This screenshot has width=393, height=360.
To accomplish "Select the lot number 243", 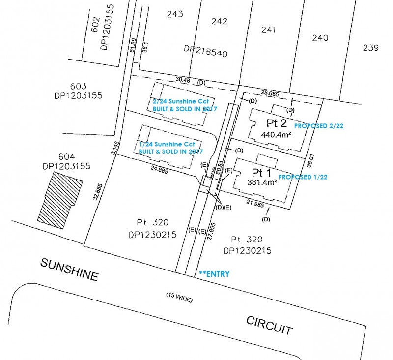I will tap(175, 14).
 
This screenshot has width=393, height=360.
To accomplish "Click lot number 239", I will tap(371, 48).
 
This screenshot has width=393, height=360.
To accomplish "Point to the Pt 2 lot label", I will tap(276, 123).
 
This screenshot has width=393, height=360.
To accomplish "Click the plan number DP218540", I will tap(205, 50).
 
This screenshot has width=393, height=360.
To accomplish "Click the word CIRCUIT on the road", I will tap(269, 325).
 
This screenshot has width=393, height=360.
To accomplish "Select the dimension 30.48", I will tap(183, 80).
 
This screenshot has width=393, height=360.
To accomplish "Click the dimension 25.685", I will tap(270, 93).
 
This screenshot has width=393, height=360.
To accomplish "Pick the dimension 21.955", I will tap(255, 204).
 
